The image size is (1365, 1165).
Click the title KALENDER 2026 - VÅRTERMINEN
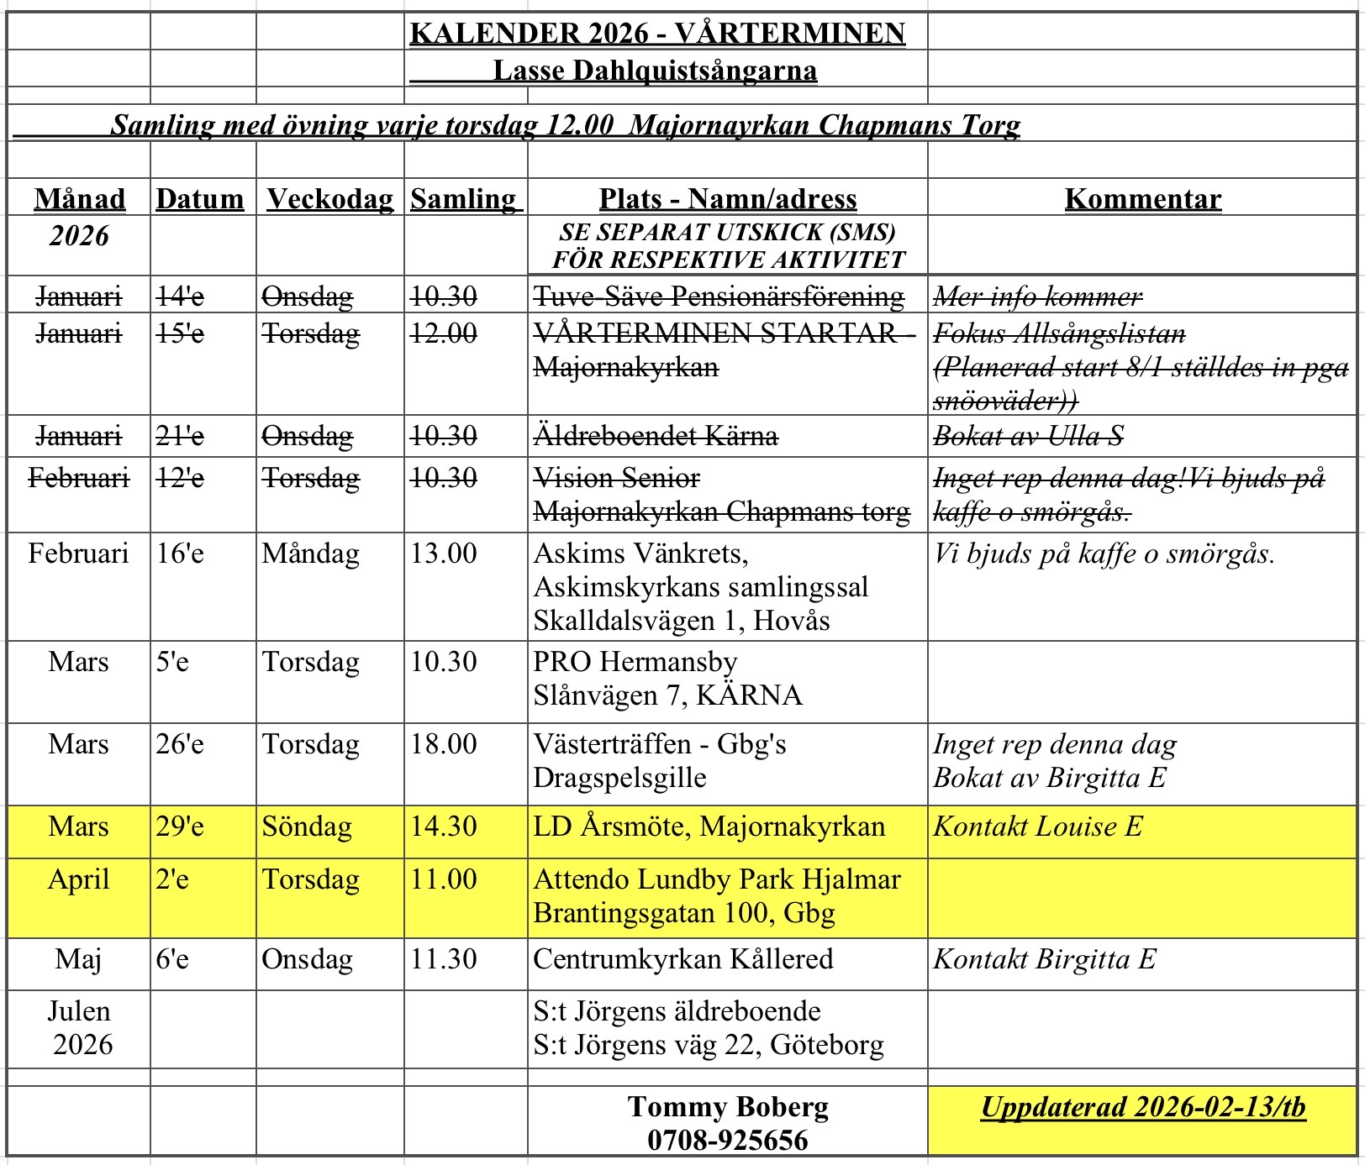(657, 33)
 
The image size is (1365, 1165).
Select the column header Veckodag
(330, 199)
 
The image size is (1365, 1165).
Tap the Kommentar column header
(1142, 199)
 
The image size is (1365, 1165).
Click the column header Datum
(200, 199)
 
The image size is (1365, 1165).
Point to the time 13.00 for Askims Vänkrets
(444, 554)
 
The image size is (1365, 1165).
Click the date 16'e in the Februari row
(180, 554)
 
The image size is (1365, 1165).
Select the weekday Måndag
(310, 554)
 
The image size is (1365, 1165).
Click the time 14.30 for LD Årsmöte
(444, 827)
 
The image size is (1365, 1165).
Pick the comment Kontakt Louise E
(1038, 827)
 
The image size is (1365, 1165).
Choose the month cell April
(79, 879)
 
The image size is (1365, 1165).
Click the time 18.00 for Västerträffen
(444, 744)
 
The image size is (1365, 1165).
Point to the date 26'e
(180, 744)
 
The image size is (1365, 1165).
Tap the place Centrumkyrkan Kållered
(683, 959)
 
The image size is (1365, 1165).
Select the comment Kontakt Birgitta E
(1045, 959)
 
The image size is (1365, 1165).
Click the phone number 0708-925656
(728, 1140)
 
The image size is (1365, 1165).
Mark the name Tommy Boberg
(728, 1107)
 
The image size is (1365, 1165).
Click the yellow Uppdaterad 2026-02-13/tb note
(1143, 1107)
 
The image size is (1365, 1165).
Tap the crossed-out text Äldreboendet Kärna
(656, 436)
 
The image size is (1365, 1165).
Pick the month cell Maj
(79, 959)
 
